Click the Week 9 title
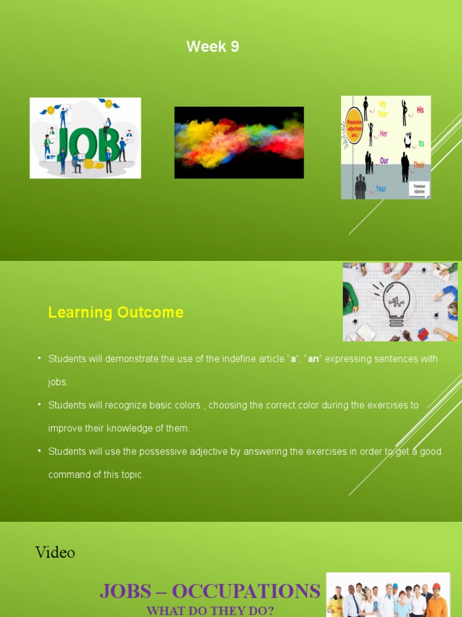(212, 46)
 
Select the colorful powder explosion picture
(239, 142)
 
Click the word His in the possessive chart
(419, 110)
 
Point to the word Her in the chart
(383, 134)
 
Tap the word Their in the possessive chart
(419, 164)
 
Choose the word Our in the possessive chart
(384, 161)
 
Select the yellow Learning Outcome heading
(115, 313)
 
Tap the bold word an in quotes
(313, 359)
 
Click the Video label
(55, 552)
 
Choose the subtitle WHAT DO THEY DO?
(210, 610)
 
